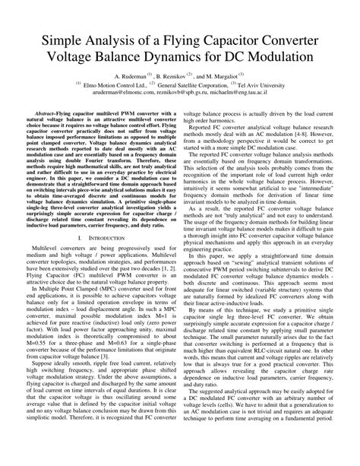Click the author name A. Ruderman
click(x=130, y=78)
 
